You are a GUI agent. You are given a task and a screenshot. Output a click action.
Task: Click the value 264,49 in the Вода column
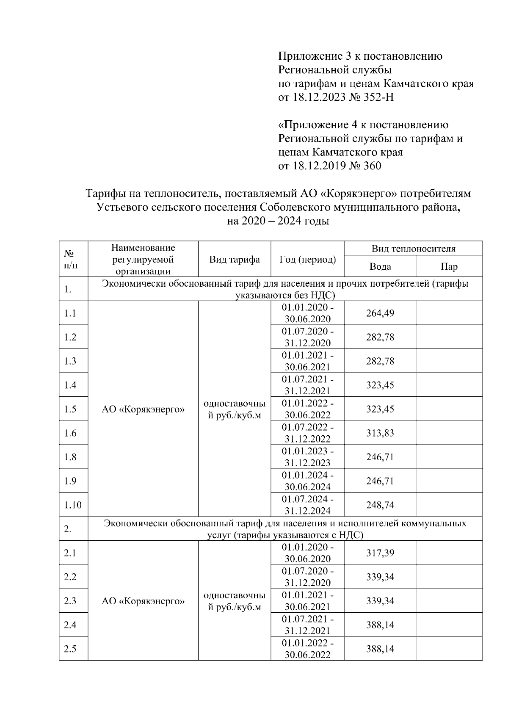[380, 313]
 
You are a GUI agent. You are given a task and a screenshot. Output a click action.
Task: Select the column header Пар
[449, 266]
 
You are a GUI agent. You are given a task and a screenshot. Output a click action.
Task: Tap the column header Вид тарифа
[235, 260]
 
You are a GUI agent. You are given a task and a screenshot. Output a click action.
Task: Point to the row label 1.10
[73, 505]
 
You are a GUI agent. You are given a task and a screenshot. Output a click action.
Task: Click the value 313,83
[380, 433]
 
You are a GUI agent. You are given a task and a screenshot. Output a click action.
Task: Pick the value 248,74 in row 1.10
[380, 505]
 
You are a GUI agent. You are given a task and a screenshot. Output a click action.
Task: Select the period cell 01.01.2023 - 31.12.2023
[307, 457]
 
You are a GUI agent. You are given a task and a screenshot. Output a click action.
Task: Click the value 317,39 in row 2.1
[380, 553]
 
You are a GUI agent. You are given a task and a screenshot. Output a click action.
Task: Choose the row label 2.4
[70, 625]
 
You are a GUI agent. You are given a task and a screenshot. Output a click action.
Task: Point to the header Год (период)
[307, 260]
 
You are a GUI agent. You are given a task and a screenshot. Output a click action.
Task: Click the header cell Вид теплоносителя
[413, 249]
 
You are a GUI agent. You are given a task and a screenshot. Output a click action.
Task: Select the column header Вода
[380, 266]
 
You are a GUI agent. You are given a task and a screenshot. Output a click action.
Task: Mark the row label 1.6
[70, 433]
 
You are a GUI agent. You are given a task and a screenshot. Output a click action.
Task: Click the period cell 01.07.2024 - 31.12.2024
[307, 505]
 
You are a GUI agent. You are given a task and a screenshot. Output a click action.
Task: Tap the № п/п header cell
[70, 260]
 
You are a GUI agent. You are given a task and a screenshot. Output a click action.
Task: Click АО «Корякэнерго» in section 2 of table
[143, 601]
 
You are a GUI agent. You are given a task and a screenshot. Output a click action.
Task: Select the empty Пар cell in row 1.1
[449, 313]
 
